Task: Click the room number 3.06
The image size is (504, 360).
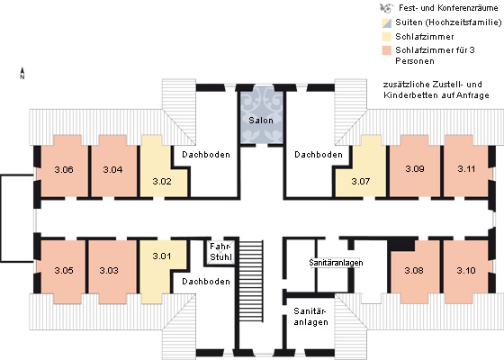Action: pos(64,169)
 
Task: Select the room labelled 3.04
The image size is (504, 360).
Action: pos(112,169)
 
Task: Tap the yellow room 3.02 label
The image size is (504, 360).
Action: pos(162,181)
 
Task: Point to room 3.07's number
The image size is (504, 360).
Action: pos(361,181)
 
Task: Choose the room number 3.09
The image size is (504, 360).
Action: pos(415,169)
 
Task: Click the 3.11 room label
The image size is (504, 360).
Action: pos(466,169)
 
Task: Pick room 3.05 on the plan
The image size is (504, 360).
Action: pos(64,270)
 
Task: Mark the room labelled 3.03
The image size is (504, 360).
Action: pos(109,270)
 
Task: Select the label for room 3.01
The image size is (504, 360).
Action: pos(162,256)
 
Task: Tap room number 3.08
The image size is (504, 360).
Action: pos(414,270)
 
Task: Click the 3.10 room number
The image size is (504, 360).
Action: pos(466,270)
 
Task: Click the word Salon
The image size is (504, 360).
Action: pos(261,121)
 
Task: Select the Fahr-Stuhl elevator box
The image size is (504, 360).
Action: pos(220,252)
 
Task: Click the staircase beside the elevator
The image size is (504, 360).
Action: pos(251,281)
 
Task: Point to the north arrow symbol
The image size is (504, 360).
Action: pos(22,73)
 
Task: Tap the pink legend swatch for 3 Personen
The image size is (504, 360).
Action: pos(387,50)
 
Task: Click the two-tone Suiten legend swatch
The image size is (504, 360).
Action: pos(387,22)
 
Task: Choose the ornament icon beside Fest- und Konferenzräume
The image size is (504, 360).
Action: pos(386,8)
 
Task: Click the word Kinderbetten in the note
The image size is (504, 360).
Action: pos(406,95)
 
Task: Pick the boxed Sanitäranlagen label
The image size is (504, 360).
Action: pos(336,263)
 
